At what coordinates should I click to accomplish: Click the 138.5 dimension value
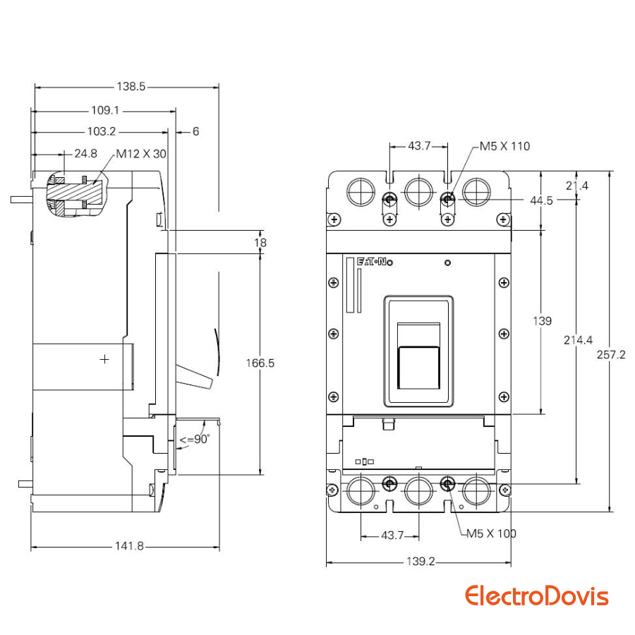point(131,87)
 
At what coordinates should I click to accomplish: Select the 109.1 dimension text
point(106,111)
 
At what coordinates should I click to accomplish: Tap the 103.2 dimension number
point(102,131)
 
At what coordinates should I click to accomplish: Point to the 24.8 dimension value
point(85,153)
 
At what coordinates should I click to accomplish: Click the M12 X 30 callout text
point(141,153)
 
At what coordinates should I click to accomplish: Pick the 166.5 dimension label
point(260,363)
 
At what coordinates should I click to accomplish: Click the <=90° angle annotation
point(194,440)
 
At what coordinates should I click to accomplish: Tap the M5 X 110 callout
point(504,146)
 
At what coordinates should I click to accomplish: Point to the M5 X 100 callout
point(491,533)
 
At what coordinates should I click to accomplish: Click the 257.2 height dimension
point(611,355)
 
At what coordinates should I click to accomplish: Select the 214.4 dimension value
point(578,340)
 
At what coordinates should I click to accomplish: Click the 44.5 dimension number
point(542,200)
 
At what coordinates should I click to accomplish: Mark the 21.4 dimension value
point(577,186)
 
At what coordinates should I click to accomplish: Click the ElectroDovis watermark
point(536,596)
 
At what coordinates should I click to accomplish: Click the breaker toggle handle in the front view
point(418,365)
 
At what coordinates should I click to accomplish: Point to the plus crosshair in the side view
point(105,359)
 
